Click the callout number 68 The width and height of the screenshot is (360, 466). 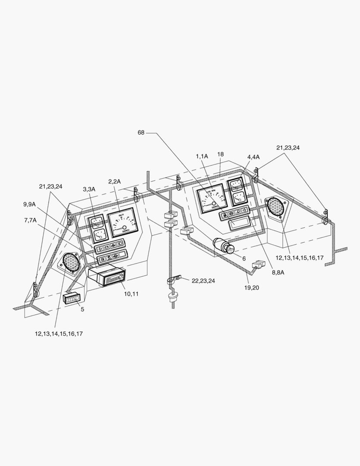tap(141, 132)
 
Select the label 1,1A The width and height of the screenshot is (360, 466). tap(202, 156)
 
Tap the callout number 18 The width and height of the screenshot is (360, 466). tap(220, 154)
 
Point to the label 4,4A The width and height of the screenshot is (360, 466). tap(254, 156)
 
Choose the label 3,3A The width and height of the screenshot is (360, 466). tap(90, 189)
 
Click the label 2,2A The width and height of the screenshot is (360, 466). tap(115, 181)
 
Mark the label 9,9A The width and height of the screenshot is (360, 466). tap(30, 205)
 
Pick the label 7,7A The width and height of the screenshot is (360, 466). tap(30, 220)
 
